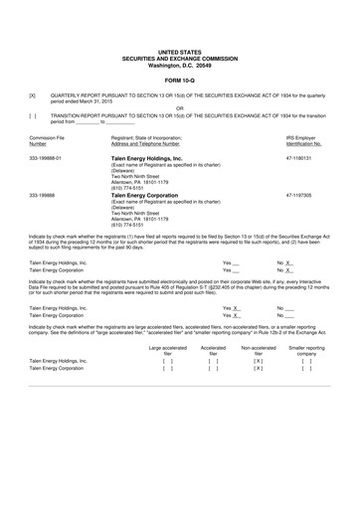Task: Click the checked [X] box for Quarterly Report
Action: (34, 95)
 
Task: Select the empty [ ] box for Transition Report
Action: (34, 115)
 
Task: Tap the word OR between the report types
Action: (180, 108)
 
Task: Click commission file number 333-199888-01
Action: (46, 157)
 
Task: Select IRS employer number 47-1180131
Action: (299, 157)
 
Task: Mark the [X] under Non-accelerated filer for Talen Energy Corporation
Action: (258, 379)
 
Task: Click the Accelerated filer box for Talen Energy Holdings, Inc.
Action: (214, 369)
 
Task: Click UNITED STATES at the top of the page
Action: (180, 50)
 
